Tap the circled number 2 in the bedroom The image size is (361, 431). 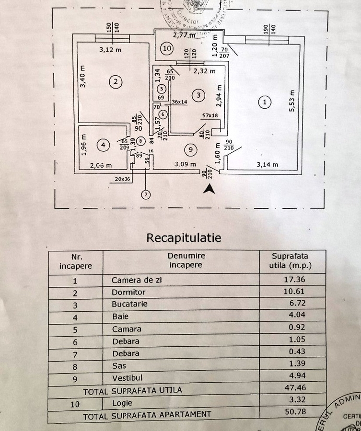115,82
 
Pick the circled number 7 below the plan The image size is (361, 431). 145,194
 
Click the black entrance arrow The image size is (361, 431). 209,189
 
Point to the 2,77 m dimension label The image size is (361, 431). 184,34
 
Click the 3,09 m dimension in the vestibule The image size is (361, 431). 185,165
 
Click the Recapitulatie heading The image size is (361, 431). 184,238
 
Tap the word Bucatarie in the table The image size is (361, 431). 129,304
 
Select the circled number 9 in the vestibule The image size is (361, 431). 191,150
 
